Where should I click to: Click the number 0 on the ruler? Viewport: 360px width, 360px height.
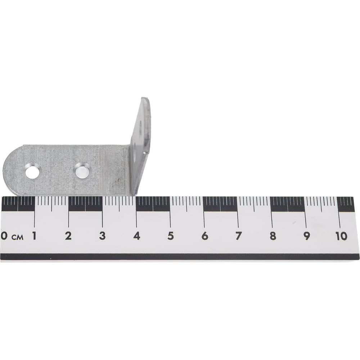[3, 236]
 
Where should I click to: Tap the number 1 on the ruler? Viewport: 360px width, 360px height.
[34, 236]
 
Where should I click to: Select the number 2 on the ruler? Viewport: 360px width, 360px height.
[68, 236]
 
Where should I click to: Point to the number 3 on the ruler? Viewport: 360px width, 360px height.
[102, 236]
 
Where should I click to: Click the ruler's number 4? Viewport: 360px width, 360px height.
[136, 236]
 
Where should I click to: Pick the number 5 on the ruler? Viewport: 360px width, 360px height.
[170, 236]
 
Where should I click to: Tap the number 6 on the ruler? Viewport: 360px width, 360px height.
[205, 236]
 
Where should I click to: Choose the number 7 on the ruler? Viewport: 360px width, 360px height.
[239, 236]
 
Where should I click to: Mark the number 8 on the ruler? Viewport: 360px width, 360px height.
[273, 236]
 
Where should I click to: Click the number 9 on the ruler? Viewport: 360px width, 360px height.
[307, 236]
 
